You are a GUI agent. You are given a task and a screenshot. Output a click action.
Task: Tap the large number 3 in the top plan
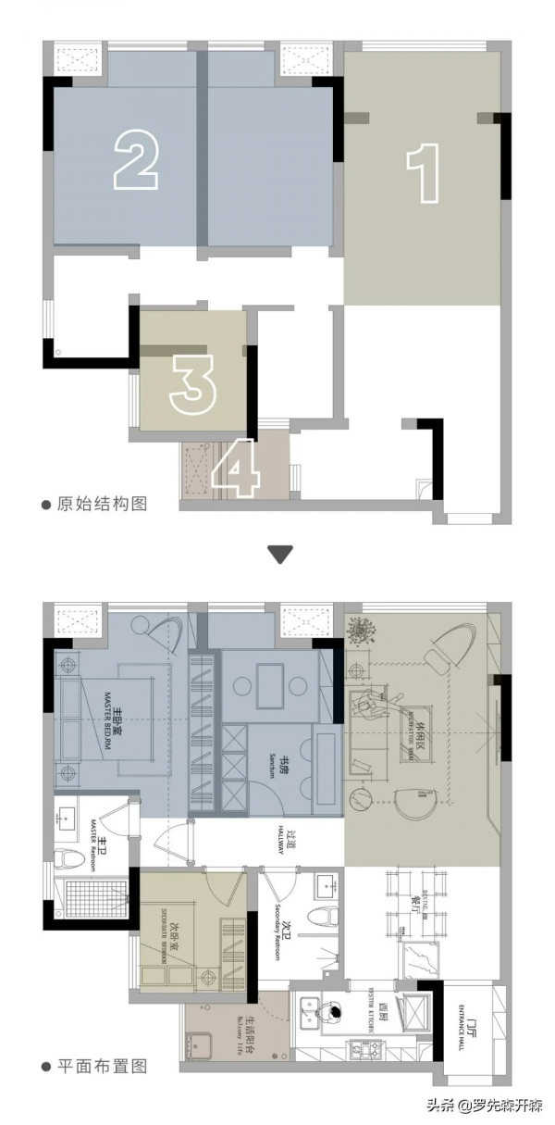point(192,381)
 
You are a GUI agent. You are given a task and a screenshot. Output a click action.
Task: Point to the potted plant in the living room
point(364,631)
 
